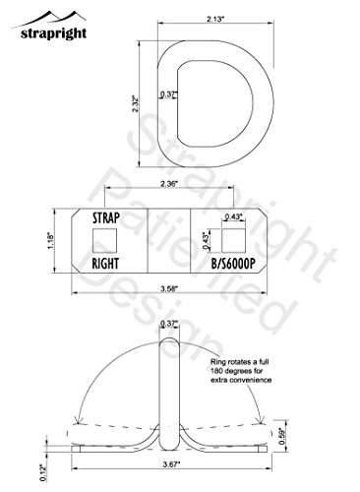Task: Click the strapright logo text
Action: tap(53, 33)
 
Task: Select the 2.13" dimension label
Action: tap(215, 19)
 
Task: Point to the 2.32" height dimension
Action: tap(135, 104)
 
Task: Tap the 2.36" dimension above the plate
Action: tap(169, 184)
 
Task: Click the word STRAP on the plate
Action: tap(106, 217)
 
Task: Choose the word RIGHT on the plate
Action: tap(105, 264)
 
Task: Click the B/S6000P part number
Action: tap(232, 264)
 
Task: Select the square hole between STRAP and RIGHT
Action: tap(104, 241)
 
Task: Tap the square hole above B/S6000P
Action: tap(234, 241)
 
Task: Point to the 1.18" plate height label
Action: tap(50, 241)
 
